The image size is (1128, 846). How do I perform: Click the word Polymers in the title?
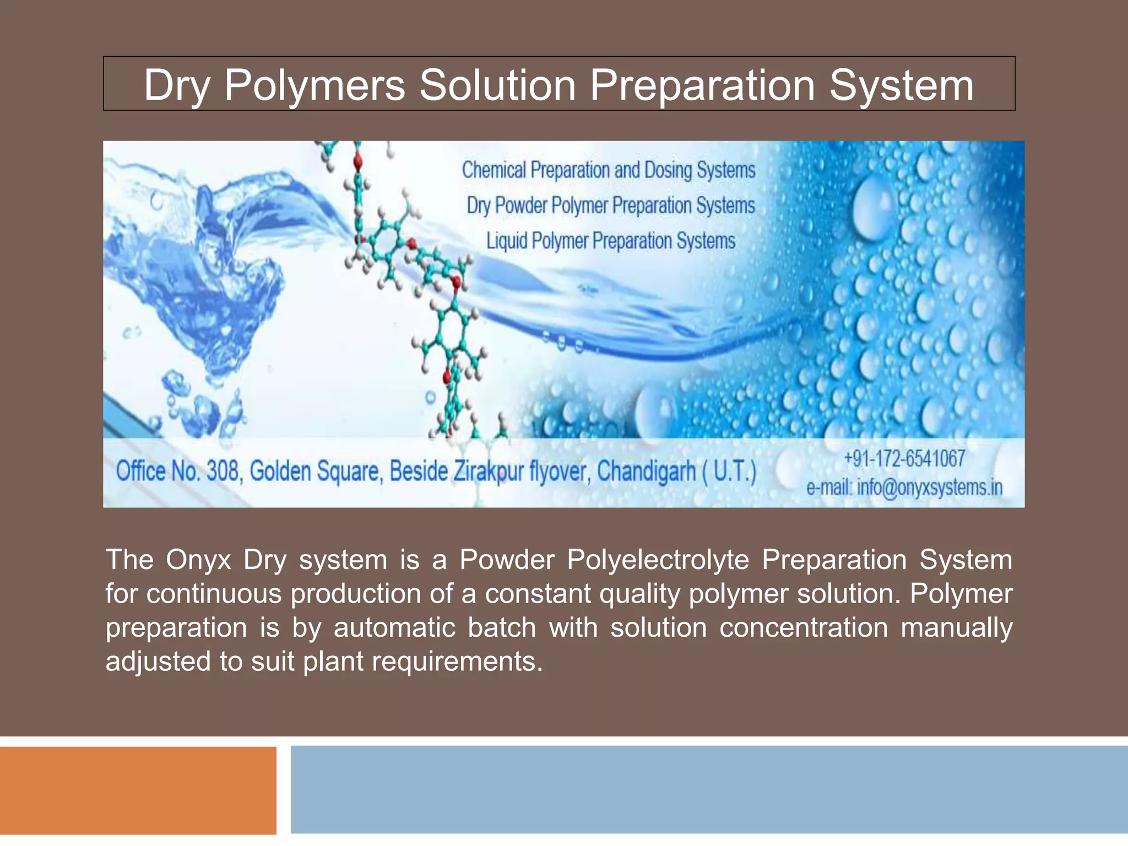click(x=314, y=86)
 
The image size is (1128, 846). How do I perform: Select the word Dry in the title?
click(x=177, y=86)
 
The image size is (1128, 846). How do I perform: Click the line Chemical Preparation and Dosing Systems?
click(x=609, y=170)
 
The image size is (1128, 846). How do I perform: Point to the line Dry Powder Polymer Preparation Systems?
click(x=610, y=205)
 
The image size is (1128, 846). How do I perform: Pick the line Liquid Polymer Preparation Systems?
click(x=610, y=241)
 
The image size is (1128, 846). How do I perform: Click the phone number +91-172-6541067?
click(x=904, y=458)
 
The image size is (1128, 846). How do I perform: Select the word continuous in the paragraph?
click(x=213, y=594)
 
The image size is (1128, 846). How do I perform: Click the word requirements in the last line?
click(x=453, y=661)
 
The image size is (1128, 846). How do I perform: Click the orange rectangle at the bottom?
click(x=138, y=790)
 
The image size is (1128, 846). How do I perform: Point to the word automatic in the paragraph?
click(x=394, y=628)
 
